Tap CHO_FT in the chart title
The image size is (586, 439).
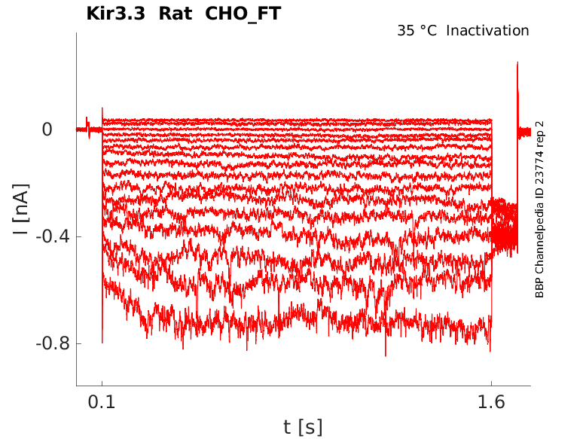click(x=249, y=14)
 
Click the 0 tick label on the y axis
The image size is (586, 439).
click(x=47, y=130)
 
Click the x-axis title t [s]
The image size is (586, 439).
click(x=303, y=427)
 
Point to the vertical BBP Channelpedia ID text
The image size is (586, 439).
click(x=539, y=209)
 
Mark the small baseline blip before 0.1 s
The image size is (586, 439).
click(x=87, y=123)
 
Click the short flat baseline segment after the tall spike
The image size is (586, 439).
click(x=525, y=132)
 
